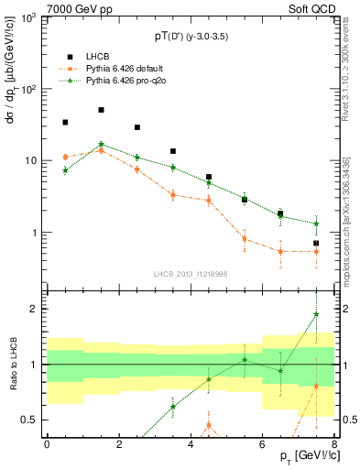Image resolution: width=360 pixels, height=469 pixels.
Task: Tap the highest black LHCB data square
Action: [101, 110]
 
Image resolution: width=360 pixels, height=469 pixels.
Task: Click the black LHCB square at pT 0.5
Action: [65, 122]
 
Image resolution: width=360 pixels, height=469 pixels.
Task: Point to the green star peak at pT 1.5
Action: [101, 144]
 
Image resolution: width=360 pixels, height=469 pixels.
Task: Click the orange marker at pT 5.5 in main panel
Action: [245, 239]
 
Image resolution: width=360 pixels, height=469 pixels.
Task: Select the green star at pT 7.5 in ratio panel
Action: [316, 314]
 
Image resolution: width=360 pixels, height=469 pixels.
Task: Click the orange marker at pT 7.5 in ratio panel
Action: [316, 386]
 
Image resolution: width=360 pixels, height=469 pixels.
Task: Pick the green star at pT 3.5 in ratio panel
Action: [172, 407]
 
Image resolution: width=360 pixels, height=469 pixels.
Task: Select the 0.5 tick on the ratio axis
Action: [30, 420]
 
